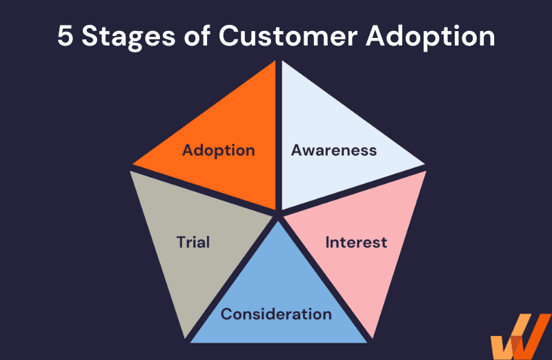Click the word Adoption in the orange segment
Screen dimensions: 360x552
[x=218, y=150]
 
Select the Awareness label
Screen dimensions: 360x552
[x=334, y=150]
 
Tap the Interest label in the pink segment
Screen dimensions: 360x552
[x=356, y=243]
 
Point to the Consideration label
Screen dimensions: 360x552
[x=276, y=314]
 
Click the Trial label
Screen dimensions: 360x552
[x=193, y=242]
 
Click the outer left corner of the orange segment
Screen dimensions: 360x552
[x=132, y=166]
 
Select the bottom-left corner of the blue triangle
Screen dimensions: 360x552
[x=190, y=342]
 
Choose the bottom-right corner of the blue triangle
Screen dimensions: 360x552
[x=367, y=342]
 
